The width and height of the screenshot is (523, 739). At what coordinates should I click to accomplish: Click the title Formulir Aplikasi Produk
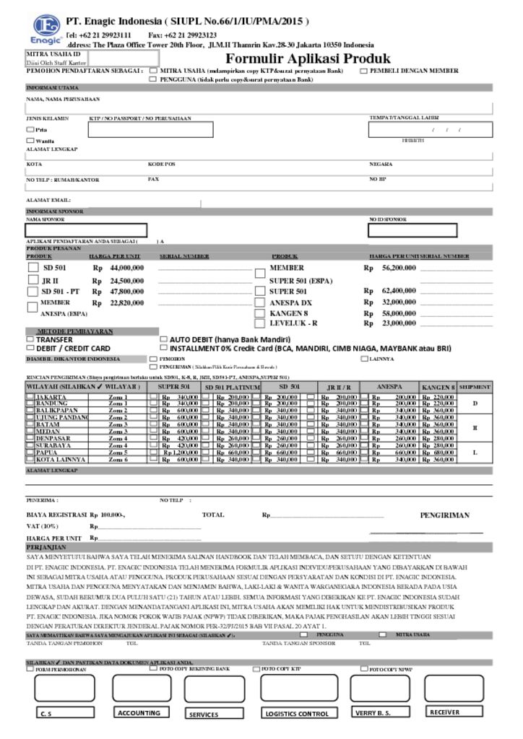tap(308, 58)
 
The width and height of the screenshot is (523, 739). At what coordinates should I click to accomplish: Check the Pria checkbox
tap(30, 129)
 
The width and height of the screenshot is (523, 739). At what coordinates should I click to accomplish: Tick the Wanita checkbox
tap(30, 140)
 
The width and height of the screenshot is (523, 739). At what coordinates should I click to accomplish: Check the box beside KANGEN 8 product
tap(260, 314)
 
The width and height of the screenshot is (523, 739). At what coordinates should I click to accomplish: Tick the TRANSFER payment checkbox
tap(30, 338)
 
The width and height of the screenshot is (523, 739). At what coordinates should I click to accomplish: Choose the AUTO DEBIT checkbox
tap(163, 338)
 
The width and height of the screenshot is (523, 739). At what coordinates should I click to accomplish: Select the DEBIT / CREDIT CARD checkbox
tap(30, 347)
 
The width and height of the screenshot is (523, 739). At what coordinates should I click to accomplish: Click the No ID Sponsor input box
tap(412, 230)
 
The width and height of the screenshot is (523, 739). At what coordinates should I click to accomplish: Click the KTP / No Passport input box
tap(151, 130)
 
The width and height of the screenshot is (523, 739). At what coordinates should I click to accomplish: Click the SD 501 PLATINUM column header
tap(230, 388)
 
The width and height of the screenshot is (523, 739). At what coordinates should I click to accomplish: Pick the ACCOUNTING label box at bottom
tap(140, 713)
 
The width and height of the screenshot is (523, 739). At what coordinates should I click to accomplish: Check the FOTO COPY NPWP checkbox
tap(364, 669)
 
